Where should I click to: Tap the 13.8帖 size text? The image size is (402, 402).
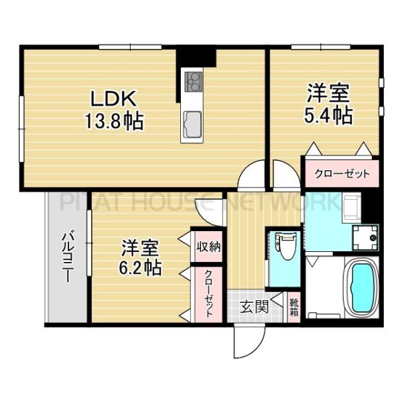pos(115,122)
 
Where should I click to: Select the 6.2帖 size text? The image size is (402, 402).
pos(141,268)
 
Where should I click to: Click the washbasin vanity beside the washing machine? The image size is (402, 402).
pos(350,208)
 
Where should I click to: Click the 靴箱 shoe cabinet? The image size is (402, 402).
pos(294,306)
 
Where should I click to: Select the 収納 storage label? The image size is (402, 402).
pos(208,246)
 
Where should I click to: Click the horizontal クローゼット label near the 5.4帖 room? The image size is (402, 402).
pos(342,174)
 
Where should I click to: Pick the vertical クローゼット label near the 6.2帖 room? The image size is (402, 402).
pos(208,293)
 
